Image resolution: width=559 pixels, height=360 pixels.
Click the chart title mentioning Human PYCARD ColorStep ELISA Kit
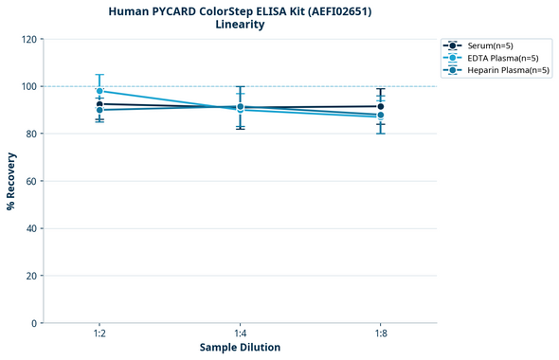(x=240, y=10)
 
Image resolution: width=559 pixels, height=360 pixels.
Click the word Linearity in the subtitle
(x=240, y=25)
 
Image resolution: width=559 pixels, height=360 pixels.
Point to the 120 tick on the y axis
(x=29, y=39)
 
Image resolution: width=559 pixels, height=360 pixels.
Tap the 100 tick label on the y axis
(x=29, y=86)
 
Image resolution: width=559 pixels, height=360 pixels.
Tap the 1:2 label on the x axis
(x=99, y=334)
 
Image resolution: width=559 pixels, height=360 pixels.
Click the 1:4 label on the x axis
(x=240, y=334)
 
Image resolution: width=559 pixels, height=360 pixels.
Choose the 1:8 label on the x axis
(x=380, y=334)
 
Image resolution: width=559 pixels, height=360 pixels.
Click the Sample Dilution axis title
(x=240, y=348)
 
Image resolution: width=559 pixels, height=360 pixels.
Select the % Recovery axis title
(x=11, y=181)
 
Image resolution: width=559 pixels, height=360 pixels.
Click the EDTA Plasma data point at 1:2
(x=99, y=91)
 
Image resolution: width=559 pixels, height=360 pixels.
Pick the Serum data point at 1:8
(x=380, y=106)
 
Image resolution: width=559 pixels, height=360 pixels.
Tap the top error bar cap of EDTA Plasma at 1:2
(x=99, y=75)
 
